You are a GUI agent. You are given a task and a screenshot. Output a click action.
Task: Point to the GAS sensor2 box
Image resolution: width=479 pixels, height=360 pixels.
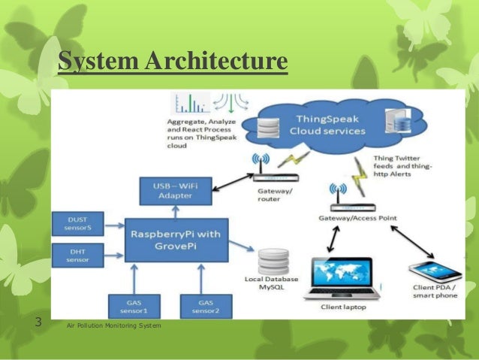click(x=201, y=305)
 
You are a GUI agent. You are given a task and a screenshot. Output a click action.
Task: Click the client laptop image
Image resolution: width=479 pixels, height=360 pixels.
click(x=337, y=277)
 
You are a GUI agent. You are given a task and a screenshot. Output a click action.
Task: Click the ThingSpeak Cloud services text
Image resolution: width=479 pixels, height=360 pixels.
click(x=330, y=124)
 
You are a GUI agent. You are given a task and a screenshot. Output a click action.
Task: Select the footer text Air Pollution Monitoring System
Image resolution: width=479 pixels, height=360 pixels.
click(x=113, y=325)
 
